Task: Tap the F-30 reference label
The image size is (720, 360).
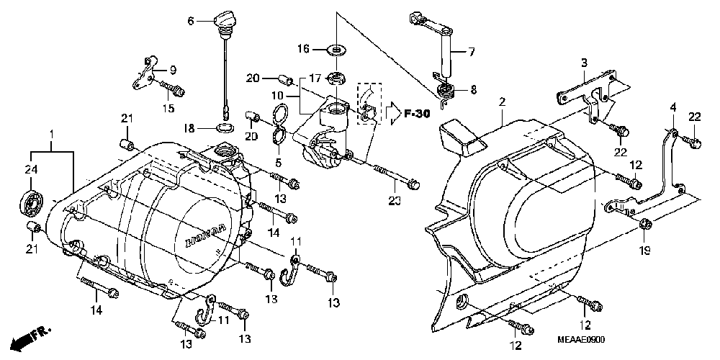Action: point(417,113)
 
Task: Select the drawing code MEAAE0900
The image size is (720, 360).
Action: point(581,339)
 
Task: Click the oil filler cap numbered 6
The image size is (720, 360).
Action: point(225,21)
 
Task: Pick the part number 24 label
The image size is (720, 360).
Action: point(30,171)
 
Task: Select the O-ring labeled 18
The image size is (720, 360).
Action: point(225,127)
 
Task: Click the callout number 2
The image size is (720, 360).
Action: point(503,102)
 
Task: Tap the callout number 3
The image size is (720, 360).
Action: point(584,63)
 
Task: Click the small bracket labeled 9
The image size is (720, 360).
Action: point(145,74)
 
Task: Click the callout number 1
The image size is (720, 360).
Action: point(51,135)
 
